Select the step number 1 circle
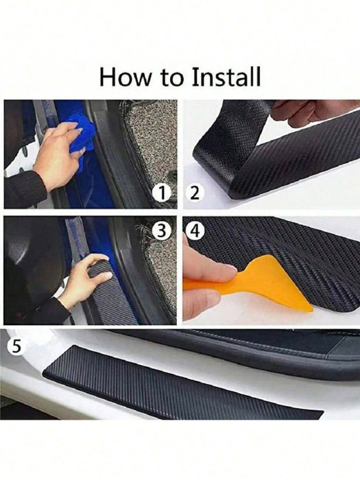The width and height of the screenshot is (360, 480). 161,194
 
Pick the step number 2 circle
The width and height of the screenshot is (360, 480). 195,194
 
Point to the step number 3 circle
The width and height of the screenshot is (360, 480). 161,231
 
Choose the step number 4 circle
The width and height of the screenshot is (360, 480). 195,231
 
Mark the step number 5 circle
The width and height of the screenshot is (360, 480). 17,347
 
